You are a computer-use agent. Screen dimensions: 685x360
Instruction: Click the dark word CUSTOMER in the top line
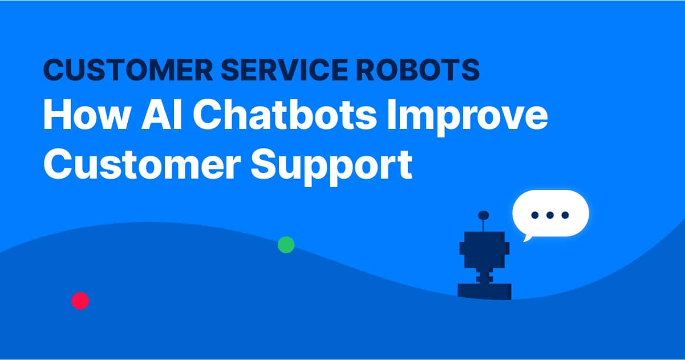click(x=128, y=70)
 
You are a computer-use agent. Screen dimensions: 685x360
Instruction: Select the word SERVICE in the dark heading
click(x=285, y=70)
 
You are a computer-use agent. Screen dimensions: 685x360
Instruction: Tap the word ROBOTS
click(x=418, y=70)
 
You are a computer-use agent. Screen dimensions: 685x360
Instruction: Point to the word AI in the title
click(x=162, y=115)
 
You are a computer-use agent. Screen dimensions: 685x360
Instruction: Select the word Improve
click(x=467, y=117)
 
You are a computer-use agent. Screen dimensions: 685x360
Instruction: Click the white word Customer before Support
click(x=142, y=164)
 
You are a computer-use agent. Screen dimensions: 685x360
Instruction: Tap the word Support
click(x=331, y=167)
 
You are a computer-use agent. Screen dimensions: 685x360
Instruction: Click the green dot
click(x=286, y=245)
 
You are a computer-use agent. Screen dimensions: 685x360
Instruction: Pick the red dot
click(x=80, y=301)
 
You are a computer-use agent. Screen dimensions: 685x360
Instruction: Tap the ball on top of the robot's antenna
click(x=483, y=215)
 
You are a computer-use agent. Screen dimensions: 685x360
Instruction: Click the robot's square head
click(x=484, y=250)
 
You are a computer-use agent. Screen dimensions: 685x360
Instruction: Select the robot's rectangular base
click(x=484, y=292)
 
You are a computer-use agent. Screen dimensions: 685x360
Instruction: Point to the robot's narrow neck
click(x=484, y=277)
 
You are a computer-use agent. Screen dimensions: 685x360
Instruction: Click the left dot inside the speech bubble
click(x=535, y=215)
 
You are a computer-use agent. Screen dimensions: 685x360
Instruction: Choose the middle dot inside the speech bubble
click(x=550, y=215)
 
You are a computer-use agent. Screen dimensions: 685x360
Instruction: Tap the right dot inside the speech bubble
click(x=565, y=215)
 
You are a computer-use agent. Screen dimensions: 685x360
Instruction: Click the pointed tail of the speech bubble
click(x=526, y=238)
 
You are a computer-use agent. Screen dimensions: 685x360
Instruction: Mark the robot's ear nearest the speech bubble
click(x=507, y=248)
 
